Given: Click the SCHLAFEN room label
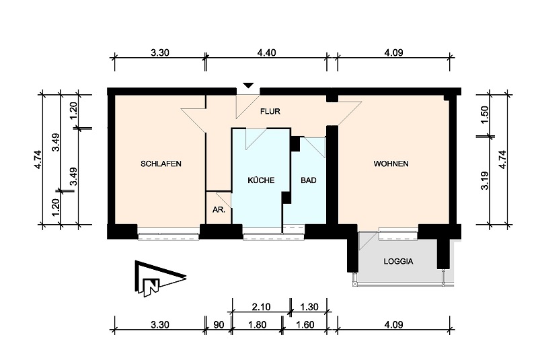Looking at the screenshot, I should (x=161, y=164).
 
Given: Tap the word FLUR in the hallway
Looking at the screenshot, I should (x=270, y=112).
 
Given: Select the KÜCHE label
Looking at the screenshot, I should (x=260, y=180).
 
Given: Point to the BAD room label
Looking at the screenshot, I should (x=309, y=180).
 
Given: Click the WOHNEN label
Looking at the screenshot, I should (x=391, y=164).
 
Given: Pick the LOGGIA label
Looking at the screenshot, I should (x=398, y=261).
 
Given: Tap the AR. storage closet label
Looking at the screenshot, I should (x=218, y=210).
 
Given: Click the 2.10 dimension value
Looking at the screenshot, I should (x=261, y=307).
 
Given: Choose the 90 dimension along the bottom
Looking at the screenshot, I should (x=219, y=325).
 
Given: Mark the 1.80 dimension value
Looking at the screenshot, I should (x=257, y=325).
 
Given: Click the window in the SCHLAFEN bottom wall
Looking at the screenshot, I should (x=169, y=233).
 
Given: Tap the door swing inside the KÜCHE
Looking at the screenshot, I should (x=254, y=138).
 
